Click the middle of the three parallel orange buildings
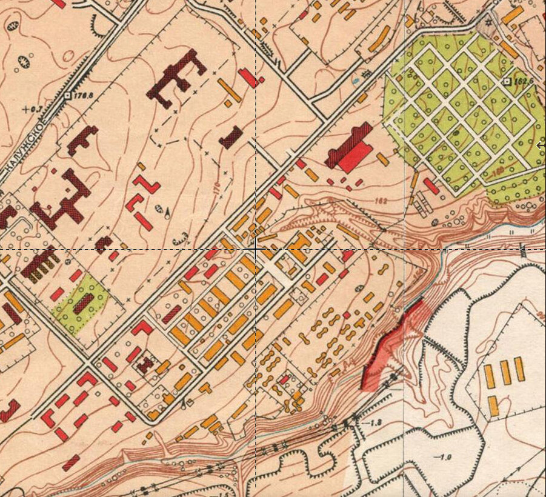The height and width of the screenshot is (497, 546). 505,372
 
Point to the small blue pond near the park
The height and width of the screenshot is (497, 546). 356,79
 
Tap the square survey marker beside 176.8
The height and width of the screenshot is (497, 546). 68,95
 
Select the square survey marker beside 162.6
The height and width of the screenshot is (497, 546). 507,81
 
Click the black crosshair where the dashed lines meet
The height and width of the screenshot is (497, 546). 255,248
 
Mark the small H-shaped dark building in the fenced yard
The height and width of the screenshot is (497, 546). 145,364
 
